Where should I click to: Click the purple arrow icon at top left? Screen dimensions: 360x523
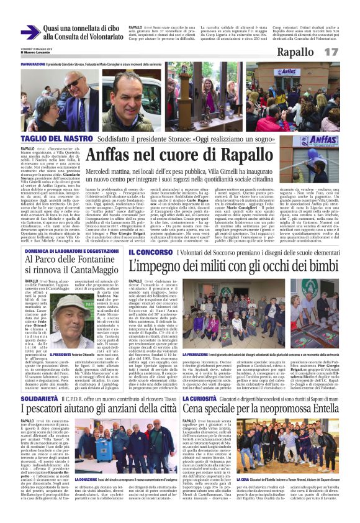(30, 32)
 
